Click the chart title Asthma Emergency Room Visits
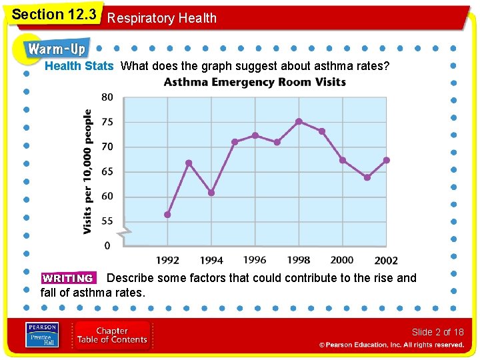(x=255, y=83)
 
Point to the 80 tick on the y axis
(x=107, y=97)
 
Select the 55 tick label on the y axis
(x=107, y=221)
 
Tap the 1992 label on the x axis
(x=167, y=260)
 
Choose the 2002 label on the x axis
(x=386, y=261)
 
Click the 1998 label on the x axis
(x=298, y=260)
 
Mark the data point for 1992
(x=167, y=215)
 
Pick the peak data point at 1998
(x=299, y=121)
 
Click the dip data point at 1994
(x=211, y=193)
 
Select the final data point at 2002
(x=387, y=160)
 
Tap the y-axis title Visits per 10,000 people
(x=88, y=171)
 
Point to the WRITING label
(x=67, y=279)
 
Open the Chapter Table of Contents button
(x=112, y=335)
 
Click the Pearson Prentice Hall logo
(x=42, y=335)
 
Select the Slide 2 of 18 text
(x=437, y=332)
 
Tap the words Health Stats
(x=79, y=66)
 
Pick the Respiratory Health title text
(x=162, y=18)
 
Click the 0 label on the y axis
(x=107, y=246)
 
